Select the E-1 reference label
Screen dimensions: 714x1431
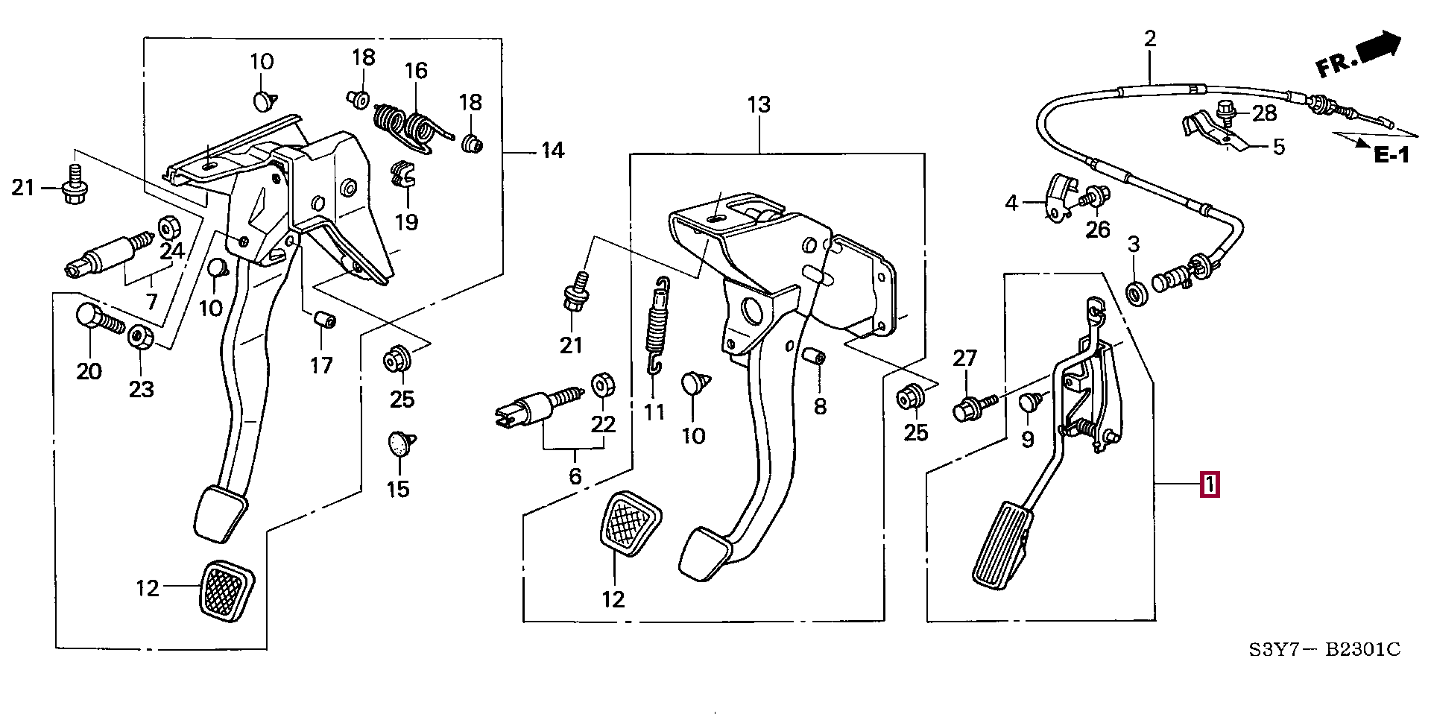1391,156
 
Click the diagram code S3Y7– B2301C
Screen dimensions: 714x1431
1324,650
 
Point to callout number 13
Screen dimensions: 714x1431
759,105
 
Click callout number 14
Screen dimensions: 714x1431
552,151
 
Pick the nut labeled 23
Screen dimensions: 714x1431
139,337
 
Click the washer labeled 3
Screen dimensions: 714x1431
1134,293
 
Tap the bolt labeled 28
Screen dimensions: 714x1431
1225,112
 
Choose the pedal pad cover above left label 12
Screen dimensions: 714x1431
227,589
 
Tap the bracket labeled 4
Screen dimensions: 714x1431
1060,198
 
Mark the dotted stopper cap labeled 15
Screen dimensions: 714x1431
401,444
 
